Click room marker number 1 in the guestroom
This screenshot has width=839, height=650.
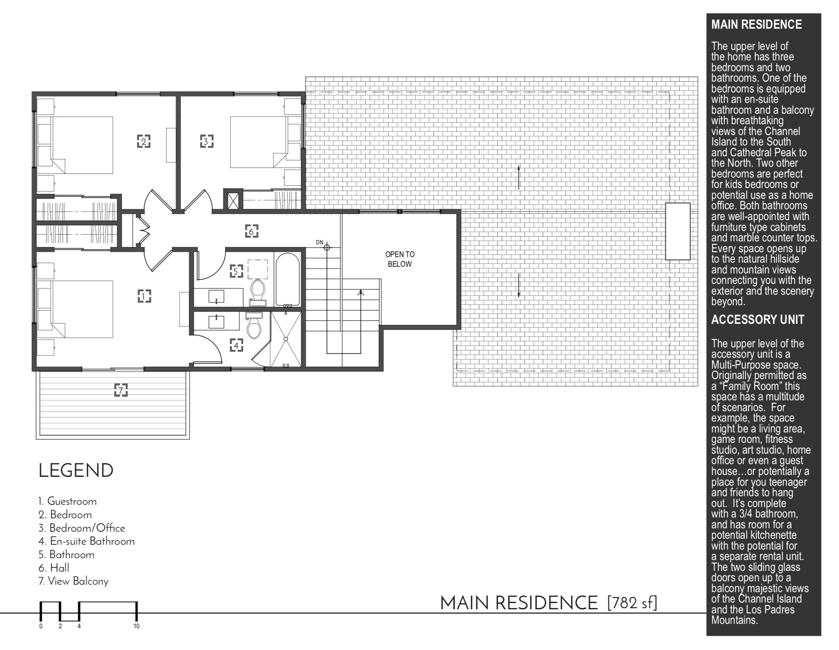pyautogui.click(x=144, y=296)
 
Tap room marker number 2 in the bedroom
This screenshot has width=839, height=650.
pyautogui.click(x=144, y=141)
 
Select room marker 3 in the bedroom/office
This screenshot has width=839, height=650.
pyautogui.click(x=207, y=141)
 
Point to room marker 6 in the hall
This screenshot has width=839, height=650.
pyautogui.click(x=252, y=231)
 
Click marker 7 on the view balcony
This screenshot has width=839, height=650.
pyautogui.click(x=121, y=390)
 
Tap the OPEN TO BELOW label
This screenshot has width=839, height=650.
pyautogui.click(x=400, y=259)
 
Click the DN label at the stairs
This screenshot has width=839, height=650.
pyautogui.click(x=320, y=242)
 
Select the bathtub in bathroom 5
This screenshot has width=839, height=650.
pyautogui.click(x=287, y=279)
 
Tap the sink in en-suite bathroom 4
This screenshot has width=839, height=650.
pyautogui.click(x=216, y=321)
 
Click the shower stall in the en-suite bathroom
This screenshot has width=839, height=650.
pyautogui.click(x=286, y=339)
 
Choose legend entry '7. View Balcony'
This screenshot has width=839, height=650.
pyautogui.click(x=73, y=581)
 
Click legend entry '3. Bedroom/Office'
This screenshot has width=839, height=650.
pyautogui.click(x=82, y=528)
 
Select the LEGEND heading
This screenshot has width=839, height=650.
pyautogui.click(x=76, y=471)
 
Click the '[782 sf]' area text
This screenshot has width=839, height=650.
pyautogui.click(x=632, y=603)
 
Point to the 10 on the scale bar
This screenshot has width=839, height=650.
pyautogui.click(x=136, y=626)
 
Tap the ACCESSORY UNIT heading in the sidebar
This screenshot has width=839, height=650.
pyautogui.click(x=758, y=320)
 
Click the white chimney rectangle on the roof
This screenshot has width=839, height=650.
pyautogui.click(x=678, y=231)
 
